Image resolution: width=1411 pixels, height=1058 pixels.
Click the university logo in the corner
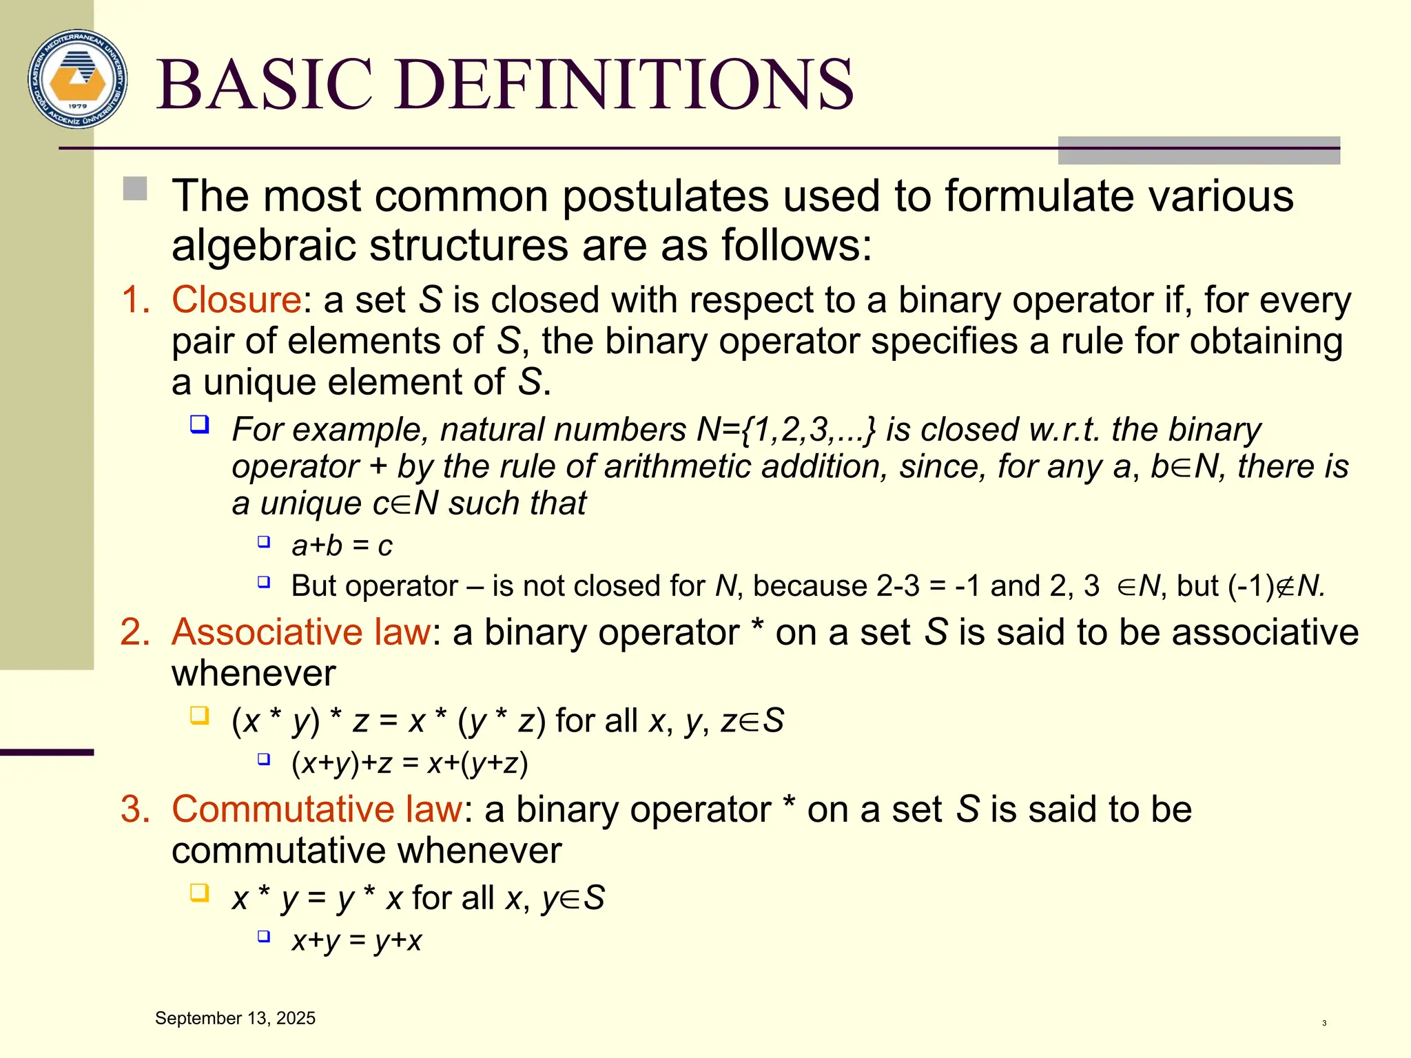point(78,79)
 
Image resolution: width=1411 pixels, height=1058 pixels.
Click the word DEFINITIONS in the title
point(624,85)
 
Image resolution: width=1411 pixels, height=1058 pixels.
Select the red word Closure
point(236,300)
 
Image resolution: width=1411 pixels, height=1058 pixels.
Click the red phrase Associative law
point(302,632)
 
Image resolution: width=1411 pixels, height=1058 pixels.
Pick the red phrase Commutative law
point(317,809)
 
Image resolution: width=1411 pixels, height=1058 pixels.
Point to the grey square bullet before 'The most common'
point(135,189)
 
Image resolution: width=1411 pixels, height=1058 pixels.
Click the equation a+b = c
point(342,546)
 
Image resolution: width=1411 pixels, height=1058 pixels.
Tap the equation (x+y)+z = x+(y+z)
point(410,764)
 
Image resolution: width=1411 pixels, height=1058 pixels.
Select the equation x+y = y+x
point(356,941)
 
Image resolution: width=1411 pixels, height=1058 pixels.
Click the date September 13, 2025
point(235,1019)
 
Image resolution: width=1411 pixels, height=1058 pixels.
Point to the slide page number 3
point(1324,1024)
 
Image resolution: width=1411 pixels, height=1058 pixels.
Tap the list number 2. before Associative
point(135,632)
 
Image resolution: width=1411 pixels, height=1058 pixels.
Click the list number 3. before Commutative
point(135,809)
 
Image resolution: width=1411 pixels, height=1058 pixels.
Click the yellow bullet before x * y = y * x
point(199,893)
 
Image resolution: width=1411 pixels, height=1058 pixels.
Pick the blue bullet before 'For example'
point(199,424)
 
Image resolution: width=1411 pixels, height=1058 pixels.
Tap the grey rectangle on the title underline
point(1199,150)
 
